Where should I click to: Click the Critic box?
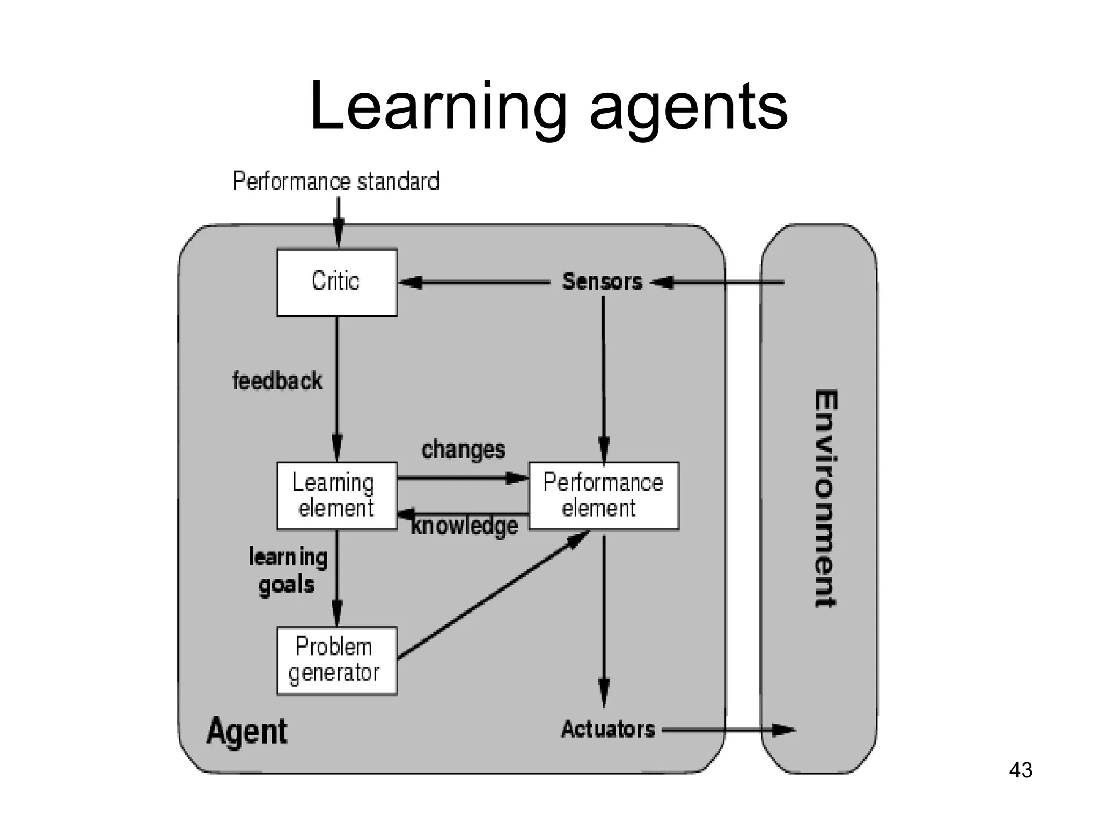(336, 282)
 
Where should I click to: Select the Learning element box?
(336, 496)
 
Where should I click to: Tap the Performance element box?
(604, 496)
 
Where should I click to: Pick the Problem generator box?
(336, 660)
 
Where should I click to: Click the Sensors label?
(602, 282)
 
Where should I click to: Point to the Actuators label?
(608, 729)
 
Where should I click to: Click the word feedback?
(277, 381)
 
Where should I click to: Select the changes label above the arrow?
(463, 450)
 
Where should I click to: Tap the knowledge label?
(465, 526)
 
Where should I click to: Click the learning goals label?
(288, 571)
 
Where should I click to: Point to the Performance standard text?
(336, 181)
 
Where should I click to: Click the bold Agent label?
(247, 731)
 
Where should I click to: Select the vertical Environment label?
(825, 498)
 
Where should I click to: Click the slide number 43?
(1020, 770)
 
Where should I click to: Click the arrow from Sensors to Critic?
(475, 282)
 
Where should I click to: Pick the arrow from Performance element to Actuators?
(604, 617)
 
